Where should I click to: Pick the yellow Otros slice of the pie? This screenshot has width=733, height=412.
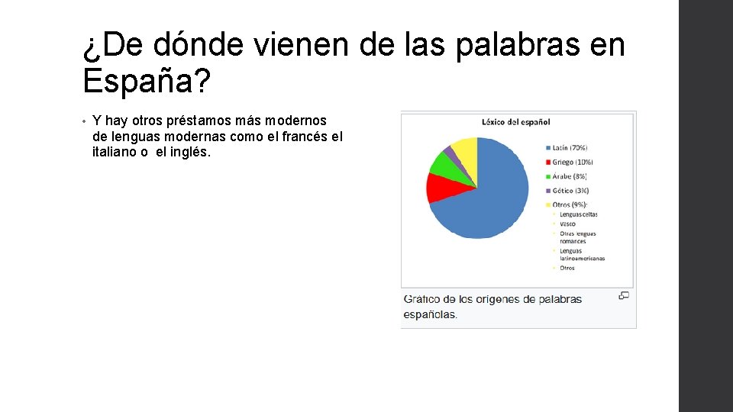point(465,146)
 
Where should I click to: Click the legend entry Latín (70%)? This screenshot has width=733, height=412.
point(569,148)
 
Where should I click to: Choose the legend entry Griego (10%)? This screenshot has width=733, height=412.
point(572,163)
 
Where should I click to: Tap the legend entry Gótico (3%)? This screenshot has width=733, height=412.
point(570,191)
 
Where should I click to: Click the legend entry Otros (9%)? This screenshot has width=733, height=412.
point(569,204)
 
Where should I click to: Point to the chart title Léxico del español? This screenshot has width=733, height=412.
point(515,121)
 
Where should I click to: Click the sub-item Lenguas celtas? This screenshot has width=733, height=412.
point(578,214)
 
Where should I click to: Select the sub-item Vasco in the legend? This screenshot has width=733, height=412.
point(567,224)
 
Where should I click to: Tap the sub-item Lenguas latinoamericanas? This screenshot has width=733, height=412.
point(581,254)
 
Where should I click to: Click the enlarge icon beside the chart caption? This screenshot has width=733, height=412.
point(624,295)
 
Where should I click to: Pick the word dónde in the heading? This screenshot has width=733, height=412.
point(200,47)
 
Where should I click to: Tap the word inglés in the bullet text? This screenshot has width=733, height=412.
point(189,152)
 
